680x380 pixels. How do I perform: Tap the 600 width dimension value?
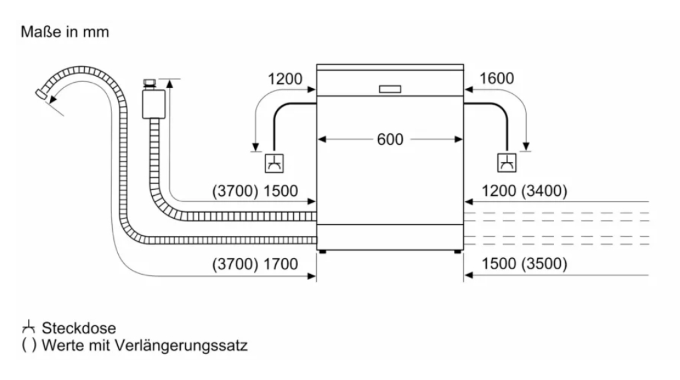click(390, 139)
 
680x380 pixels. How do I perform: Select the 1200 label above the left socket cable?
click(285, 79)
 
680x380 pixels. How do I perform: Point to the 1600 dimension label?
click(496, 79)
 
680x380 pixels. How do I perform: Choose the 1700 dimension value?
click(281, 265)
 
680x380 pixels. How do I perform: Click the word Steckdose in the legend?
click(79, 328)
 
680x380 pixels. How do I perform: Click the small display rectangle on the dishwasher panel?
click(390, 89)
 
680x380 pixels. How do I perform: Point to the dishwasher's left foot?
click(323, 251)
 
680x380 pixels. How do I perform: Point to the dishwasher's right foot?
click(457, 251)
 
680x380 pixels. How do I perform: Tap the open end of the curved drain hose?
click(43, 97)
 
